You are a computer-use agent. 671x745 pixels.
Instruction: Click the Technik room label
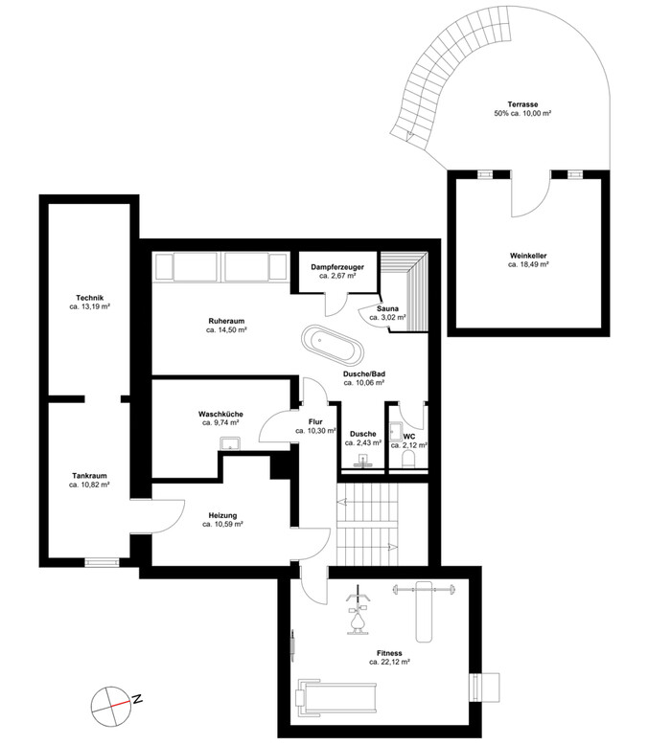pos(89,298)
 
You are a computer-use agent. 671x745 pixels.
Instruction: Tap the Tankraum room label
pos(89,476)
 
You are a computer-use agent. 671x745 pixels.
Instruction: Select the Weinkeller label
pos(528,256)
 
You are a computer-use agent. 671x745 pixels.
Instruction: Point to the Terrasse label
pos(522,104)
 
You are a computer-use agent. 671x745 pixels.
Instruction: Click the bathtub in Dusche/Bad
pos(333,344)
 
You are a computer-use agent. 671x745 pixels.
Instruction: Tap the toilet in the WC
pos(409,460)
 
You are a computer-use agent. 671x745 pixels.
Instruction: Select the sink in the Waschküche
pos(231,443)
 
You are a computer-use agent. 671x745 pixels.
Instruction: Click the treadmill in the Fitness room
pos(335,698)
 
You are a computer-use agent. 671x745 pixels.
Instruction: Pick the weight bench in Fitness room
pos(425,611)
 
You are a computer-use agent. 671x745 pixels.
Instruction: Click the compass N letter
pos(137,699)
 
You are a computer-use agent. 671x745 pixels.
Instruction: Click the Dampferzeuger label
pos(337,267)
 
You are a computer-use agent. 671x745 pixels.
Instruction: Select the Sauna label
pos(387,309)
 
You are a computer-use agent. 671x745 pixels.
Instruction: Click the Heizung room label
pos(222,515)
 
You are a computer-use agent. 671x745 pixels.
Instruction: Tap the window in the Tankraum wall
pos(102,562)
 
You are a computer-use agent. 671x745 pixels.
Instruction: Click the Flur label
pos(315,422)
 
